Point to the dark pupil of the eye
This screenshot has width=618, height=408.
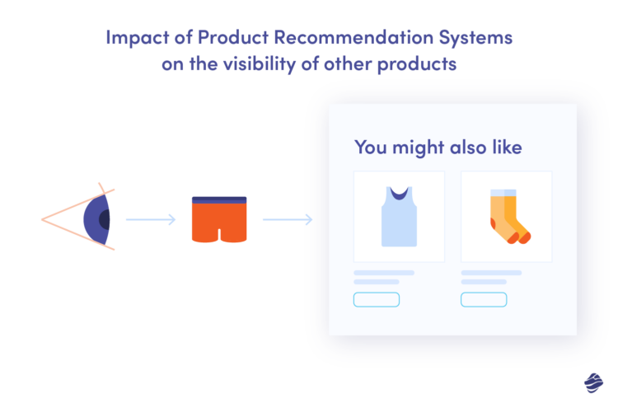(105, 220)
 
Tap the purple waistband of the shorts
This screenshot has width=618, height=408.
(219, 200)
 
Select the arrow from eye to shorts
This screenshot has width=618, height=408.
(150, 220)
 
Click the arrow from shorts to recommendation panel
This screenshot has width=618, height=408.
(287, 220)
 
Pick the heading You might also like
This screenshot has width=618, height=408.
(438, 148)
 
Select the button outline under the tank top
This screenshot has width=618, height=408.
(377, 299)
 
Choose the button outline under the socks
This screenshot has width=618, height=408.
(484, 299)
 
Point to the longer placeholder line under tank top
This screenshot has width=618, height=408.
(384, 272)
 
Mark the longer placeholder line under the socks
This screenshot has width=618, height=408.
(491, 272)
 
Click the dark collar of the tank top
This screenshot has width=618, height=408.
(399, 195)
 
